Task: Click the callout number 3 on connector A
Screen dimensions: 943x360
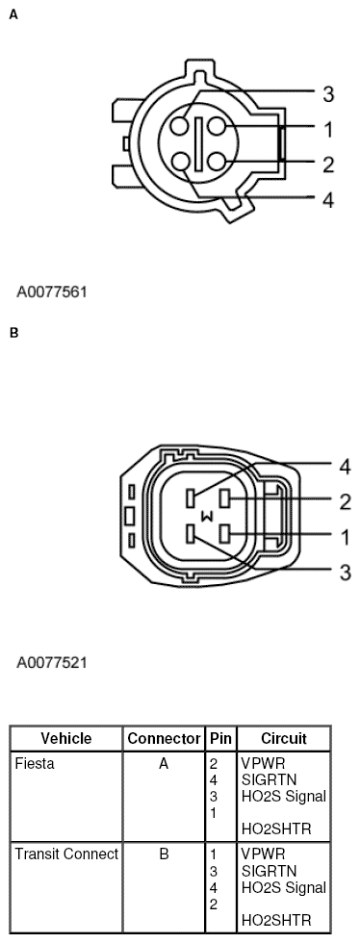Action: [328, 94]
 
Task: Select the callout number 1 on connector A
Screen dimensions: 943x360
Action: [328, 129]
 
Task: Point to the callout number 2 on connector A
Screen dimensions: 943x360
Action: [328, 165]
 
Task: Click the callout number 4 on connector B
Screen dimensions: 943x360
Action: [345, 468]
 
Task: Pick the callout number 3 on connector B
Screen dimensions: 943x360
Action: [345, 573]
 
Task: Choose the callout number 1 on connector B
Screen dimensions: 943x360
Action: [345, 536]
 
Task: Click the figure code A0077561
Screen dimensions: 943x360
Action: [54, 289]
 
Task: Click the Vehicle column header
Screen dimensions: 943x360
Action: [66, 739]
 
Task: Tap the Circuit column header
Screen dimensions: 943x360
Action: [283, 739]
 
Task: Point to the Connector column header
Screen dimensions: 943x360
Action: [163, 739]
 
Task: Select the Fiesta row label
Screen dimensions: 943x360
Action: [35, 763]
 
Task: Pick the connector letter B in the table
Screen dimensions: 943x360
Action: [163, 854]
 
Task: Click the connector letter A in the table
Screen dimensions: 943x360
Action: [163, 763]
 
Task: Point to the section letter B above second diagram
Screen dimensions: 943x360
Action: [13, 334]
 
